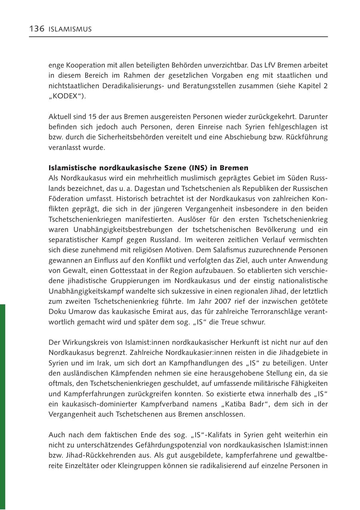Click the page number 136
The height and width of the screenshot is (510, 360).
pyautogui.click(x=36, y=29)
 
